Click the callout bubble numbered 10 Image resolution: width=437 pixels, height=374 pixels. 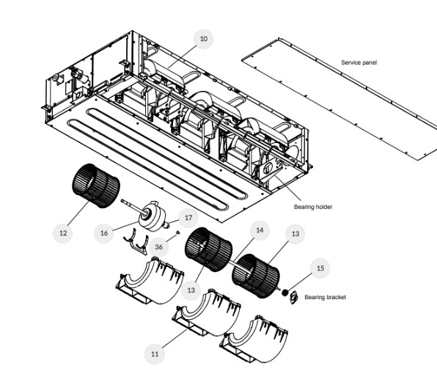[x=203, y=39]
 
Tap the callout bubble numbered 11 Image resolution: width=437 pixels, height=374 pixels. [x=155, y=354]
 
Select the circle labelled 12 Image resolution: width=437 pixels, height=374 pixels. [x=63, y=233]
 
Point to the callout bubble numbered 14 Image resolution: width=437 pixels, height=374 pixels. [x=260, y=230]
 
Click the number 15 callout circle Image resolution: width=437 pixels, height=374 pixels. [x=320, y=268]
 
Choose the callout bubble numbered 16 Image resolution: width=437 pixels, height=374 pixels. [x=104, y=233]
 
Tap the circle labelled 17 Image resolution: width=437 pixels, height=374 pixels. [x=188, y=218]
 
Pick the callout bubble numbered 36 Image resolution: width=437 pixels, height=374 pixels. [x=158, y=247]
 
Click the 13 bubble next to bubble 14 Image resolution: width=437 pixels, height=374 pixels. [x=295, y=234]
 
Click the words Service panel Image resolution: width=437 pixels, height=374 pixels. [x=359, y=62]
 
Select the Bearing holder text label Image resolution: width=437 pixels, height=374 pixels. [x=313, y=207]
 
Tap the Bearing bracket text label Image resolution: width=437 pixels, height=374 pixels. [x=326, y=297]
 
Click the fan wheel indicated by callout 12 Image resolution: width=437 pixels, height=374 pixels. [x=96, y=186]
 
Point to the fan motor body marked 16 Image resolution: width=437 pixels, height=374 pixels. [x=153, y=216]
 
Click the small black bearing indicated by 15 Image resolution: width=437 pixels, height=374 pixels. [x=284, y=293]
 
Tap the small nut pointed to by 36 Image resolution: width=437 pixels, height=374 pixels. [x=178, y=232]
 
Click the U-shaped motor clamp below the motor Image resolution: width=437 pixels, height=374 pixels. [x=136, y=245]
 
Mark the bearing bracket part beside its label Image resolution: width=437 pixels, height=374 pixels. [x=293, y=297]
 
